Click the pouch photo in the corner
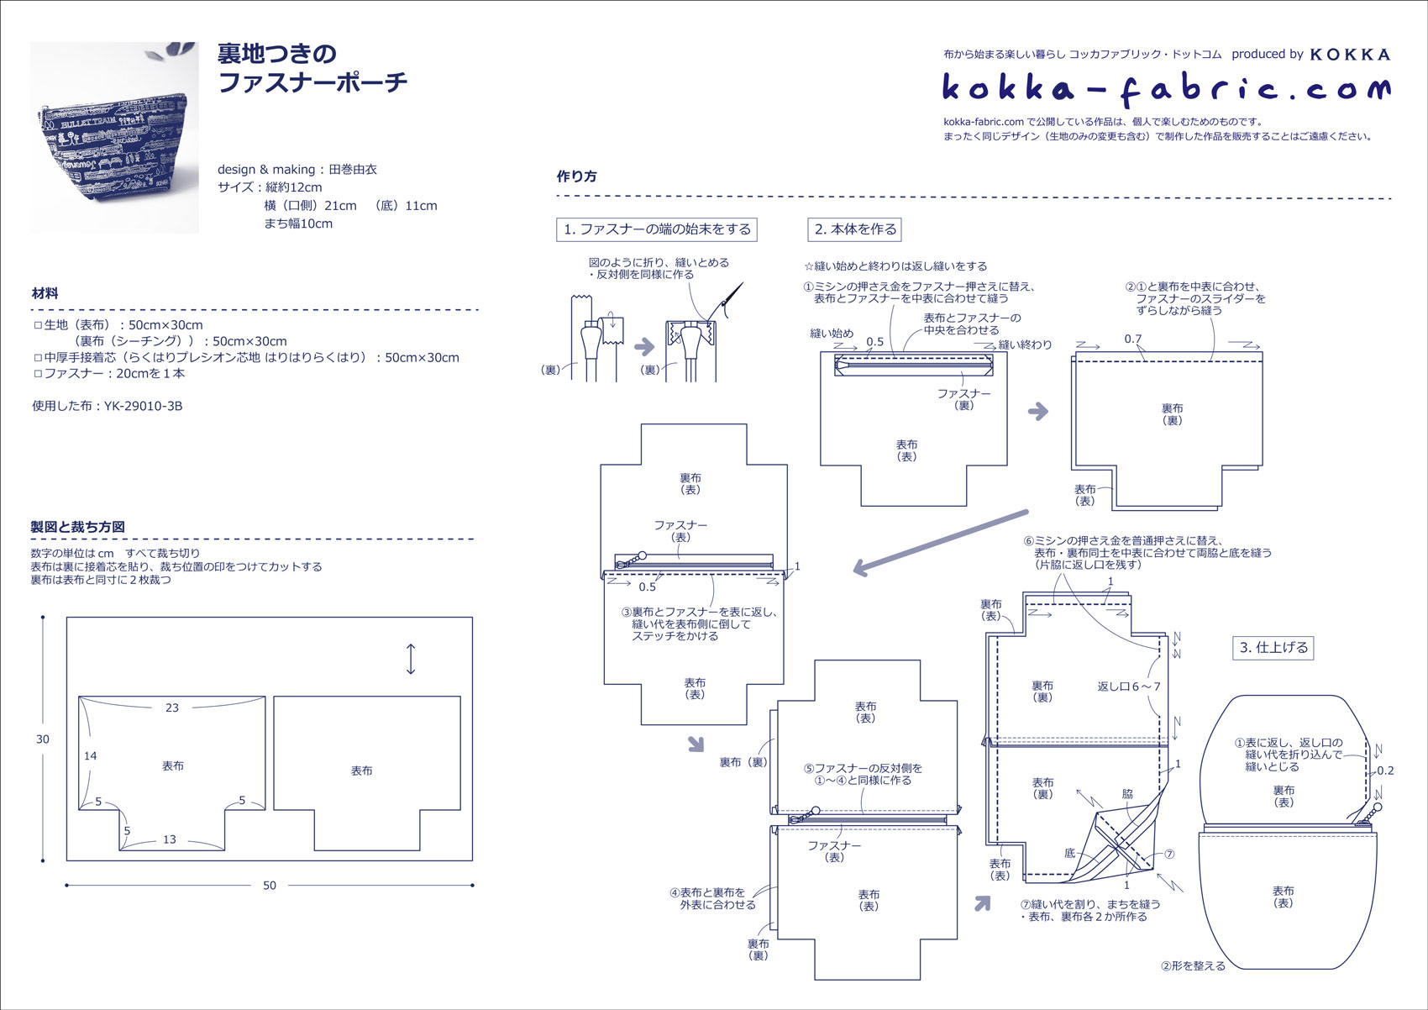pos(114,137)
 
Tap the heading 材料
pos(45,293)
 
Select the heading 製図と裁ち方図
pos(78,527)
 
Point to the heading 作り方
pos(577,176)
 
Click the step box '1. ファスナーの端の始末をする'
pos(657,229)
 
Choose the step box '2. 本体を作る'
pos(855,229)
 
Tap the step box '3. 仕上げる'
pos(1274,648)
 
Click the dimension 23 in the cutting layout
pos(172,708)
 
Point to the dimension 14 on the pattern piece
pos(91,756)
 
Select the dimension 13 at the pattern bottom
pos(170,839)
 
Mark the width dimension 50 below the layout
pos(270,886)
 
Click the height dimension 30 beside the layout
pos(43,739)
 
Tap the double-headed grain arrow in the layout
pos(410,659)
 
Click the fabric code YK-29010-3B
pos(143,406)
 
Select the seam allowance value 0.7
pos(1133,339)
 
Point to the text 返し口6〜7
pos(1129,686)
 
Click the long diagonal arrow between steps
pos(940,542)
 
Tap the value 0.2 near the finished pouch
pos(1385,771)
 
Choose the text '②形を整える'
pos(1193,966)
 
